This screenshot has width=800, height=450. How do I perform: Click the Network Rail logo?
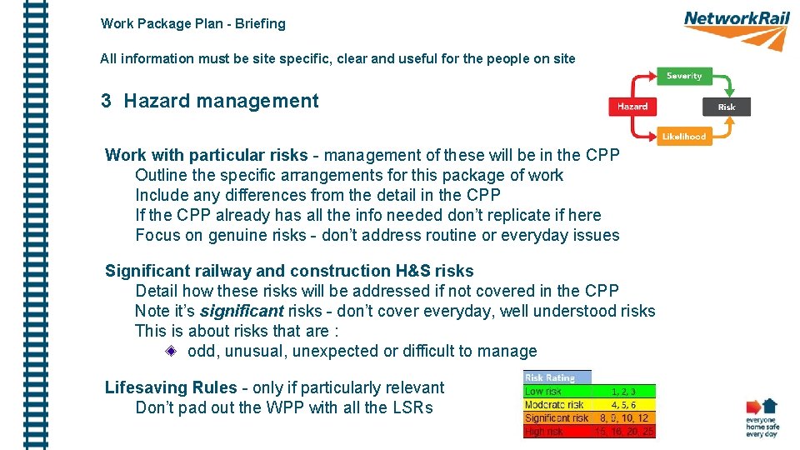click(x=736, y=28)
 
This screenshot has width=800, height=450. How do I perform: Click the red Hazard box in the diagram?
click(x=632, y=107)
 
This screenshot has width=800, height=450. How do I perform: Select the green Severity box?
click(x=684, y=76)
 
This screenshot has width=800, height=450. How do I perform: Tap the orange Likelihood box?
click(x=684, y=137)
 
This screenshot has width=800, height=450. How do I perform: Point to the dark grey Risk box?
click(x=727, y=107)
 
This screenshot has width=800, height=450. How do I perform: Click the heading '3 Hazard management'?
click(x=209, y=102)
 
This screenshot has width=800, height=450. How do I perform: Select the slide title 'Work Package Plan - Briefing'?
click(x=192, y=24)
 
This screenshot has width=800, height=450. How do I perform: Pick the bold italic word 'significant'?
click(x=242, y=312)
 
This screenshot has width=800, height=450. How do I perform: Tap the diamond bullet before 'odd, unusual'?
click(x=171, y=352)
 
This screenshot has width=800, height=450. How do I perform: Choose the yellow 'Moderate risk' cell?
click(x=553, y=404)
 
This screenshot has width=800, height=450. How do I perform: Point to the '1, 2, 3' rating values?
click(x=623, y=391)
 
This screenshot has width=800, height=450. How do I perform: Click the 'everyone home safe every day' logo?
click(x=761, y=418)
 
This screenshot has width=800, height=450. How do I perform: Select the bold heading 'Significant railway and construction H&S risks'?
click(x=289, y=271)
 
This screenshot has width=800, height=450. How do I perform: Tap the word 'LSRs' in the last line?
click(x=412, y=408)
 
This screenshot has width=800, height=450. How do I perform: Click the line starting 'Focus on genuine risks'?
click(x=377, y=235)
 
